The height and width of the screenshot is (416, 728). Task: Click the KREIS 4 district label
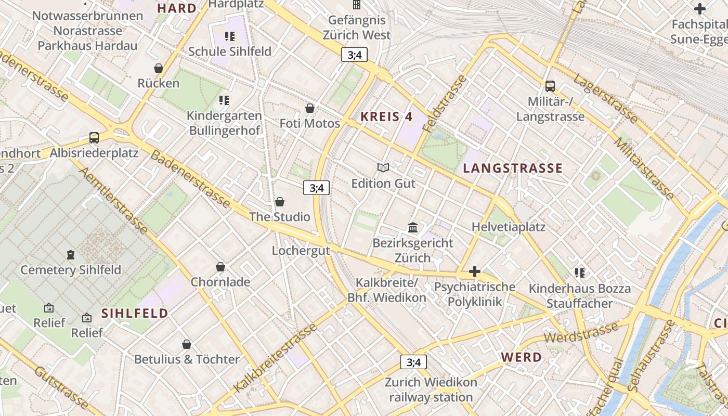[x=386, y=116]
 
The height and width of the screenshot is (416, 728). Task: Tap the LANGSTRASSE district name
[x=513, y=168]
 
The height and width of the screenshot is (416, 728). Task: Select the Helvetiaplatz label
[x=508, y=227]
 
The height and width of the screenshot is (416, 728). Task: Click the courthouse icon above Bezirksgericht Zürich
[x=413, y=228]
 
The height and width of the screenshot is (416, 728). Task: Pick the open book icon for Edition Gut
[x=383, y=167]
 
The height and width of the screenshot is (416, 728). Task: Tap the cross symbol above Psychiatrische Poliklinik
[x=474, y=271]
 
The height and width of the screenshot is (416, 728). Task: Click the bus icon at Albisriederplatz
[x=94, y=138]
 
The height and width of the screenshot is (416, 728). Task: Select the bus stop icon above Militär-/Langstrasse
[x=550, y=86]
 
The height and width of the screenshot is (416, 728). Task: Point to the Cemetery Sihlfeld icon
[x=70, y=255]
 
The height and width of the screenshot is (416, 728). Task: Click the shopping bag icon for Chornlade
[x=220, y=267]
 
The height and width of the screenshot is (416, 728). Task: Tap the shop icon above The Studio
[x=280, y=202]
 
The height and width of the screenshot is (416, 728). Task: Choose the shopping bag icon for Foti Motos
[x=310, y=108]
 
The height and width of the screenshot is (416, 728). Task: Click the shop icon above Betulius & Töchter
[x=187, y=344]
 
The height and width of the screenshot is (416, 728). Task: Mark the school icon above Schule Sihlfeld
[x=229, y=36]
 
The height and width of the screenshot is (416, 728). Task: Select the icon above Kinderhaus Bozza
[x=580, y=273]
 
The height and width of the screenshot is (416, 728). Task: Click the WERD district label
[x=521, y=357]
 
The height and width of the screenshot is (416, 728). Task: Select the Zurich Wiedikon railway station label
[x=431, y=390]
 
